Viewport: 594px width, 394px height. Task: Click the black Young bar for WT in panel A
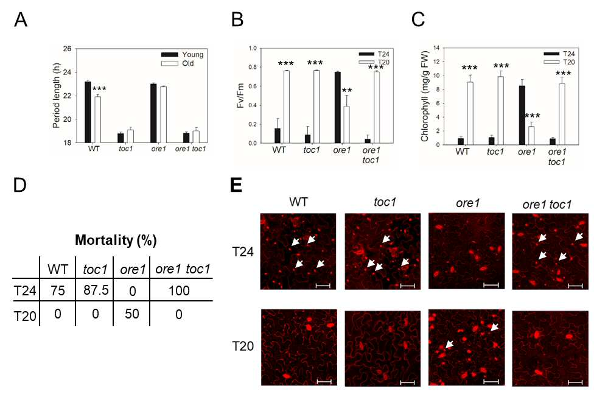(x=88, y=112)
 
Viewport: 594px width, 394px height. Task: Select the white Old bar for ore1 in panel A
(x=163, y=115)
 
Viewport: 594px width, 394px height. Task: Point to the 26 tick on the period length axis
(x=68, y=49)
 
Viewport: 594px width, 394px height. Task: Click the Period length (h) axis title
(x=56, y=97)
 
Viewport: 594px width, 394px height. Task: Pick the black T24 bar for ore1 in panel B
(x=338, y=108)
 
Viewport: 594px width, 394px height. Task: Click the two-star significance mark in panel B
(x=347, y=91)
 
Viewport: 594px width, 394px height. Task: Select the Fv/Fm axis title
(x=240, y=96)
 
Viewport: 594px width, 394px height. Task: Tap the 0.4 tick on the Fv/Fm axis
(x=253, y=105)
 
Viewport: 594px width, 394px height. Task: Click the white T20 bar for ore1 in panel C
(x=531, y=135)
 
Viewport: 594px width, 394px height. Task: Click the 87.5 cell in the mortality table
(x=96, y=290)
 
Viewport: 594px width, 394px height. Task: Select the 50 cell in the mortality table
(x=132, y=314)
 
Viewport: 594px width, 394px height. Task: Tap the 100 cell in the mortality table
(x=179, y=291)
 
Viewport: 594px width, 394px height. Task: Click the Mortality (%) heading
(x=116, y=240)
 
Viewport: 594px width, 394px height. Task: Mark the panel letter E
(x=236, y=186)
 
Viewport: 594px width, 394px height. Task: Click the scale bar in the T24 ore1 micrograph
(x=491, y=284)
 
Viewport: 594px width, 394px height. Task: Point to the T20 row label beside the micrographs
(x=243, y=347)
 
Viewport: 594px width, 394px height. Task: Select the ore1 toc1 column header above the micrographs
(x=547, y=205)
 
